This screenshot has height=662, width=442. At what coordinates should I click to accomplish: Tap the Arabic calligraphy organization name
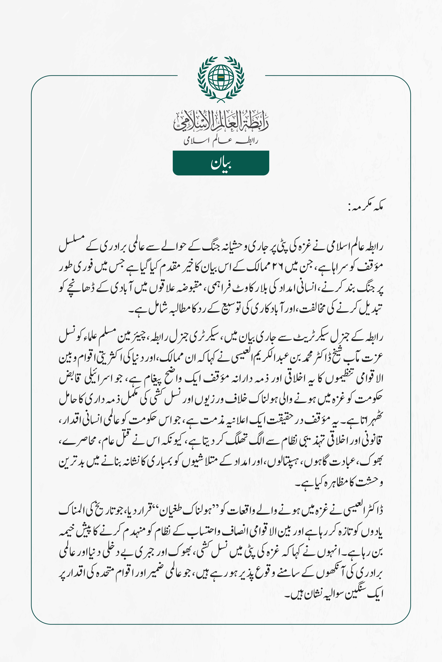point(221,122)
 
